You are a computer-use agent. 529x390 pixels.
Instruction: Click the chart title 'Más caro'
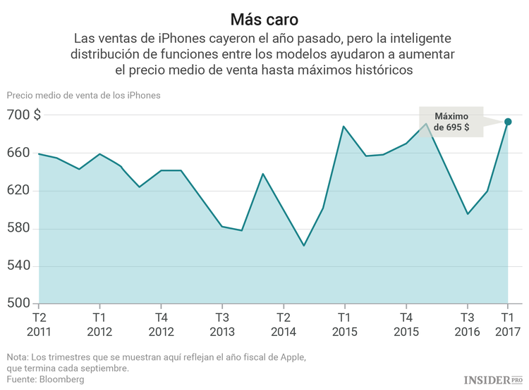[264, 17]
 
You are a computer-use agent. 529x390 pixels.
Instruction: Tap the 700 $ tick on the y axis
[23, 115]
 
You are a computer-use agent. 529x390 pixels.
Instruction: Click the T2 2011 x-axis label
[39, 325]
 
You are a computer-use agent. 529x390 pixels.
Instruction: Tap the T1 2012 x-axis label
[99, 325]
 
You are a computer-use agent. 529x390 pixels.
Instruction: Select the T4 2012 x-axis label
[161, 325]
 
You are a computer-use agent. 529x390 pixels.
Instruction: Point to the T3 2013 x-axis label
[221, 325]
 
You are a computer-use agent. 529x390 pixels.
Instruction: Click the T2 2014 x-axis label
[283, 325]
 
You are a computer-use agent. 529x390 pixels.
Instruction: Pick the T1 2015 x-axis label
[343, 325]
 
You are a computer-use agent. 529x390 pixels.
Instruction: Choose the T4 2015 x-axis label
[406, 325]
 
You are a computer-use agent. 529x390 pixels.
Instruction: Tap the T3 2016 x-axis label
[466, 325]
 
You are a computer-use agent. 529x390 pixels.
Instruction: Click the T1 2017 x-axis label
[508, 325]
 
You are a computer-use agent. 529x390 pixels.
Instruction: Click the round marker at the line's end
[508, 122]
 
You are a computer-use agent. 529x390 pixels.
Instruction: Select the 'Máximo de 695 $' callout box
[451, 122]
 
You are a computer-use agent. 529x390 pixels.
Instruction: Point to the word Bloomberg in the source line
[61, 379]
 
